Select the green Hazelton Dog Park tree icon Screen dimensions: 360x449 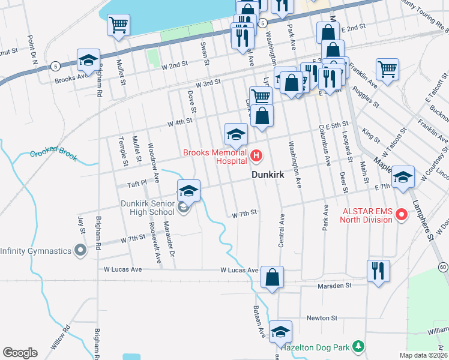pyautogui.click(x=358, y=346)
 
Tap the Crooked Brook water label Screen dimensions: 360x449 pyautogui.click(x=54, y=155)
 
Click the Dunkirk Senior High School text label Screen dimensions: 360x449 pyautogui.click(x=148, y=208)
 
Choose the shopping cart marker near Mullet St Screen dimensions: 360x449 pyautogui.click(x=118, y=26)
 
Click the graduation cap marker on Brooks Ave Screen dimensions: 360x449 pyautogui.click(x=88, y=61)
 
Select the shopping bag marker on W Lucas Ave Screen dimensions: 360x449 pyautogui.click(x=272, y=277)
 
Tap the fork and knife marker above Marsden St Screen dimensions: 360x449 pyautogui.click(x=378, y=271)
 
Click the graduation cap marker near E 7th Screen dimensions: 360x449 pyautogui.click(x=402, y=177)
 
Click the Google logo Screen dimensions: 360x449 pyautogui.click(x=20, y=353)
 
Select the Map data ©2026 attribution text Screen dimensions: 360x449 pyautogui.click(x=424, y=355)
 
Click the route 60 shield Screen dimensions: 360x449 pyautogui.click(x=442, y=265)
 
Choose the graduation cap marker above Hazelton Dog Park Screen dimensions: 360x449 pyautogui.click(x=280, y=331)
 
